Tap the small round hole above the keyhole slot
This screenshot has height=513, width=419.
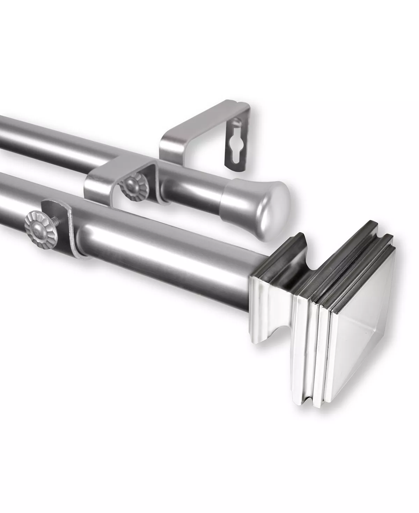pos(238,122)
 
